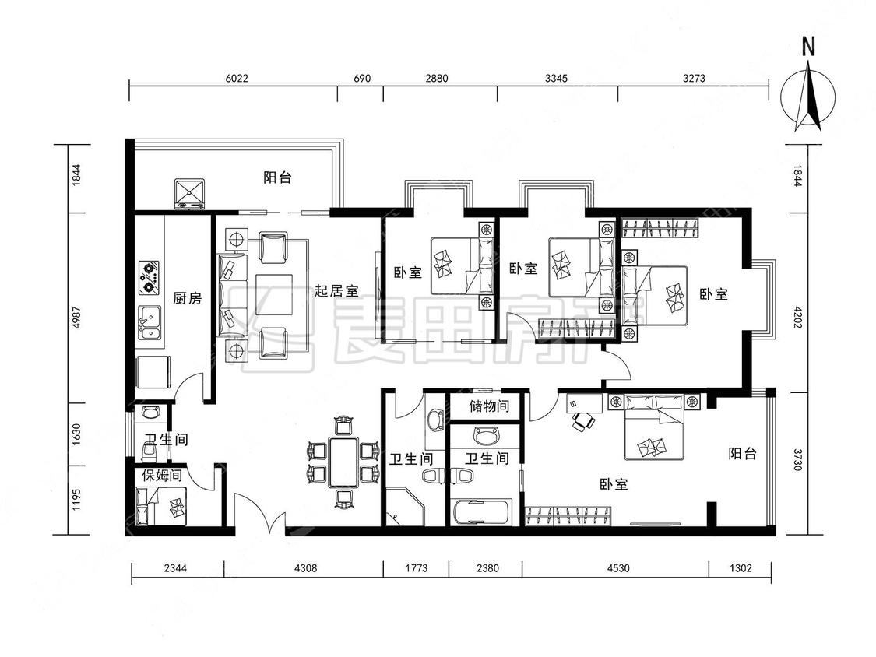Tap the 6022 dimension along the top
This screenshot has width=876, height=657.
coord(236,78)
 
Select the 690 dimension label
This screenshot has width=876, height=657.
coord(362,78)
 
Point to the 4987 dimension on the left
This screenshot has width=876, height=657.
coord(76,318)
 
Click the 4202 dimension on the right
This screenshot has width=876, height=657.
coord(797,316)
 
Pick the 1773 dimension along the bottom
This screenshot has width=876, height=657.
coord(417,568)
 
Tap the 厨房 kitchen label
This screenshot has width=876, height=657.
coord(187,298)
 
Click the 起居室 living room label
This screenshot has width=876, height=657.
coord(336,290)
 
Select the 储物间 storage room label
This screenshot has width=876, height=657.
coord(490,406)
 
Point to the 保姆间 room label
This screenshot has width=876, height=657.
coord(162,476)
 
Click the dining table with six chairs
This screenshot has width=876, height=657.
coord(343,462)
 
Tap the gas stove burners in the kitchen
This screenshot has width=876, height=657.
coord(150,278)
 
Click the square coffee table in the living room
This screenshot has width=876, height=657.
coord(275,294)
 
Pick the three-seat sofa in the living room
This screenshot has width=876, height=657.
coord(232,295)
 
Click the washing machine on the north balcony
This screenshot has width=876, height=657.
coord(189,194)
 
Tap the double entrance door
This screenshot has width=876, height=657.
coord(259,514)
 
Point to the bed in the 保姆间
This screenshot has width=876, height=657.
coord(161,506)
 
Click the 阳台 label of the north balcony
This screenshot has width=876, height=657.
coord(278,177)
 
